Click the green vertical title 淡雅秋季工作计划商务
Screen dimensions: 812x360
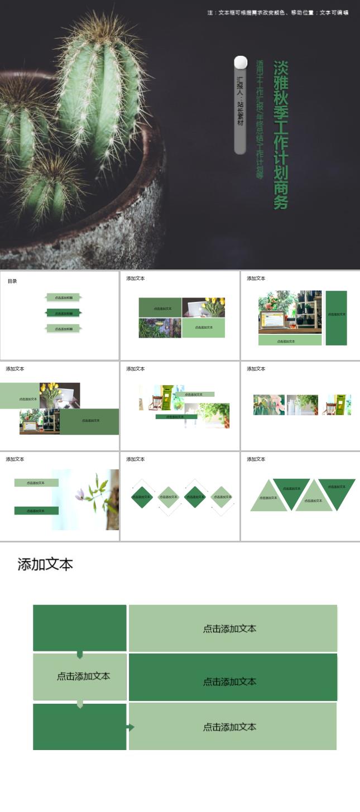pos(280,135)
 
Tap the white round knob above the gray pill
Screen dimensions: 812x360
pos(241,62)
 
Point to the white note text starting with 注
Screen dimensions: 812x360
pos(277,12)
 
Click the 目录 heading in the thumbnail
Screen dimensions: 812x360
pos(12,281)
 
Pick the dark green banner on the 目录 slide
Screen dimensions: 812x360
pos(64,313)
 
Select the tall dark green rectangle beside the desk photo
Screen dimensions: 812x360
pos(336,318)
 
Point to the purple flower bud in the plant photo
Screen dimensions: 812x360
pos(80,494)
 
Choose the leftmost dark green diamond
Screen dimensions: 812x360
pos(142,497)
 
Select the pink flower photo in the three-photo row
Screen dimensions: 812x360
pos(268,405)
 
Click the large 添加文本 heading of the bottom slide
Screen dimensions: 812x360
pos(45,564)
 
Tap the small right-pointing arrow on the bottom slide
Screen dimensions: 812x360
pos(131,727)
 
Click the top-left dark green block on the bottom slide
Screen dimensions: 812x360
pos(80,628)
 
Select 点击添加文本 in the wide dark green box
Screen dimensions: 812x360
pos(229,681)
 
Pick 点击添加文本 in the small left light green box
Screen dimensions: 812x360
pos(83,676)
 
